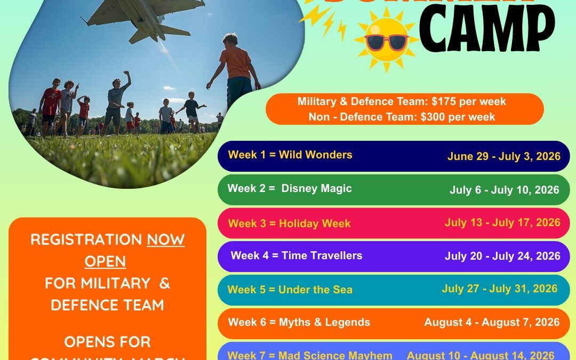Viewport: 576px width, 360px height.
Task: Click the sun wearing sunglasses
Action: [386, 42]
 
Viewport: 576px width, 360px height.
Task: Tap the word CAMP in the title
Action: [486, 31]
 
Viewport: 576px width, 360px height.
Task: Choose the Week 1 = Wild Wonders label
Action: [290, 155]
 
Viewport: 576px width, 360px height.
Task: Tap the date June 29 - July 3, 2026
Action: [503, 156]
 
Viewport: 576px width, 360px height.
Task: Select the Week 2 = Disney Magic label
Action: [290, 188]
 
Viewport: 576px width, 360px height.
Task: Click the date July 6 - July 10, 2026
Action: [504, 190]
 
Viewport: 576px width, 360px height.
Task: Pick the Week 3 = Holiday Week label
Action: [289, 223]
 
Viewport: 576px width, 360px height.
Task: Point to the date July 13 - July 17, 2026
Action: [502, 222]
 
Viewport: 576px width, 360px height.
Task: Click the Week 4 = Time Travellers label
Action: [296, 255]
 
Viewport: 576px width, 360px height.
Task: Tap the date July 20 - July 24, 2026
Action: [502, 256]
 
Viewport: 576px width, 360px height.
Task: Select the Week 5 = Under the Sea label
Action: [290, 290]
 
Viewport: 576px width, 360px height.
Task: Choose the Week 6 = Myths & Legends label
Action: [299, 322]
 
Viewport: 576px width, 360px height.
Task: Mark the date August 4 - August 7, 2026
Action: [492, 322]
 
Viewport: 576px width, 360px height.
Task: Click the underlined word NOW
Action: [165, 239]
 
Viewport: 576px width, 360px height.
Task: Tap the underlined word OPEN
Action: [105, 261]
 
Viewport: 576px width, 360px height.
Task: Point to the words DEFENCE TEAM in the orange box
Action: [107, 305]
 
